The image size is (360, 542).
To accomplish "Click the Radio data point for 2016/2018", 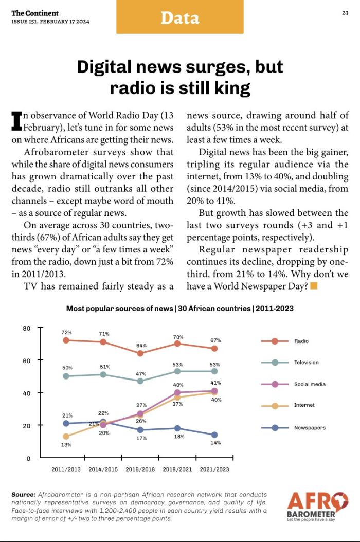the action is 140,353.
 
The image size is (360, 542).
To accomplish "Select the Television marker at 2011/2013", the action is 66,376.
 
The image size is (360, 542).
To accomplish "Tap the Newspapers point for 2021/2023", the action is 214,435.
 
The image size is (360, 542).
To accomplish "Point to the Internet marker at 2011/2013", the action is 66,436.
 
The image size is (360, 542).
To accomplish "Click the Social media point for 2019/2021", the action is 177,392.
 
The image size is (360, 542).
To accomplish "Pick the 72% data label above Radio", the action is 67,332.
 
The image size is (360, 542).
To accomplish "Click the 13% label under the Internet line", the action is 66,445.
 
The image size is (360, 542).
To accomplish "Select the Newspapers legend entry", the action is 293,428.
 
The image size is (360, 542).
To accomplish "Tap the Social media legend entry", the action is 293,384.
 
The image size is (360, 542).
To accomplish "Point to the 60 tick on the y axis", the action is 27,360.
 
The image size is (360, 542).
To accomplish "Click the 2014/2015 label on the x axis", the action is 103,469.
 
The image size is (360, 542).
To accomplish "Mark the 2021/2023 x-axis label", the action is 214,469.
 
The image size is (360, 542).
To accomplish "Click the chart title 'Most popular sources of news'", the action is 119,309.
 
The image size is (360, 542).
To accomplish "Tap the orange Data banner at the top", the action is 180,17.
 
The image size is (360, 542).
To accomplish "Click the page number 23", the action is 345,13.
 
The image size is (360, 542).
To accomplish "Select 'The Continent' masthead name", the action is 35,13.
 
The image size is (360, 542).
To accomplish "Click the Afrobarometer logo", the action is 317,507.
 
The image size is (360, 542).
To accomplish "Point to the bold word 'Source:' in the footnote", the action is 24,495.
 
